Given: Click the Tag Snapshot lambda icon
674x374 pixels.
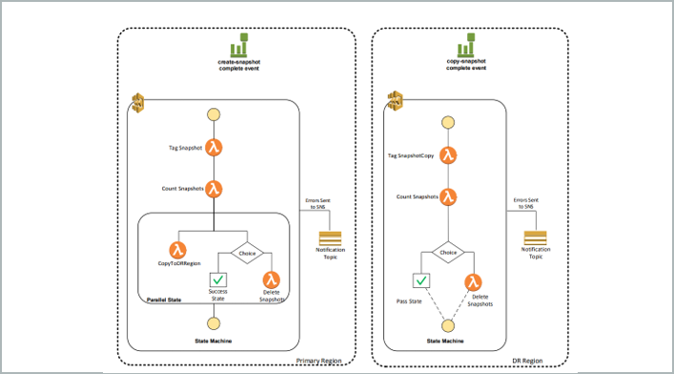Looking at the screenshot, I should pos(214,148).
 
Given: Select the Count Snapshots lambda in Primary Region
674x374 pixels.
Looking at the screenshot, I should pos(214,188).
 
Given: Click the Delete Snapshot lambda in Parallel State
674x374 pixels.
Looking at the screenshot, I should pos(272,280).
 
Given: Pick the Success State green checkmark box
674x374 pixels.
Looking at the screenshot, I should pos(218,280).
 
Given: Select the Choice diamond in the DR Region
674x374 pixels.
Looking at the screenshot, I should pos(447,252).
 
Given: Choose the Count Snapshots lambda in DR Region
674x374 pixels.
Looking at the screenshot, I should pos(448,197).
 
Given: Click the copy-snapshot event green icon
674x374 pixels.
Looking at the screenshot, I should pos(466,47).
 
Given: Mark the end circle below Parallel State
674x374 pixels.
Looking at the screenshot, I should pos(214,323).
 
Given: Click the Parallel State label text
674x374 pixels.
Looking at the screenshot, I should pos(168,300).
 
